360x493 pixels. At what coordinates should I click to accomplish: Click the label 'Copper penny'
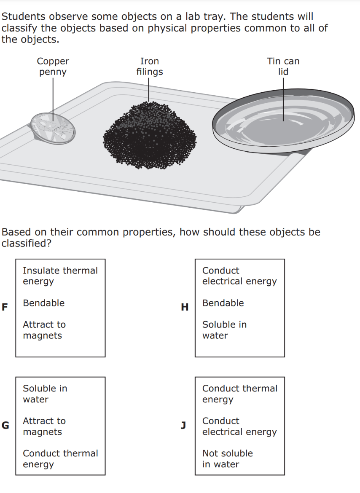pyautogui.click(x=53, y=67)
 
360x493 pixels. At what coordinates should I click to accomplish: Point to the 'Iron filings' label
pyautogui.click(x=149, y=67)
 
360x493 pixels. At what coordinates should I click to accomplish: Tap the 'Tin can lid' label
pyautogui.click(x=283, y=67)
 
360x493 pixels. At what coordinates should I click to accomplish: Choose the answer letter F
pyautogui.click(x=5, y=307)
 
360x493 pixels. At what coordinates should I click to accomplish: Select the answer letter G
pyautogui.click(x=5, y=425)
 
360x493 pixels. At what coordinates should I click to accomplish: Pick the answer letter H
pyautogui.click(x=185, y=307)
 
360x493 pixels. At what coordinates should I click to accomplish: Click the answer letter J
pyautogui.click(x=183, y=425)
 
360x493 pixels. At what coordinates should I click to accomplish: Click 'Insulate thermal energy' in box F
pyautogui.click(x=60, y=276)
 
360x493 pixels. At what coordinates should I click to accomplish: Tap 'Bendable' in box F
pyautogui.click(x=43, y=303)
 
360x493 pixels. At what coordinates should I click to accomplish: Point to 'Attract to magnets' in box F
pyautogui.click(x=44, y=330)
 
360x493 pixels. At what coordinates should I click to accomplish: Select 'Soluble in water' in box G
pyautogui.click(x=45, y=394)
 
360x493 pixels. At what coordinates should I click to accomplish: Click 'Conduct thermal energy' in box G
pyautogui.click(x=60, y=459)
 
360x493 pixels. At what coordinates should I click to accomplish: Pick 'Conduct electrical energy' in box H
pyautogui.click(x=239, y=276)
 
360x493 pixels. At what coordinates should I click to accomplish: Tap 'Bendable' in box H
pyautogui.click(x=223, y=303)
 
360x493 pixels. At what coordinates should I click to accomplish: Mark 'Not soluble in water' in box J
pyautogui.click(x=227, y=459)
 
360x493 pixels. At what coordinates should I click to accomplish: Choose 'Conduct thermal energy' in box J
pyautogui.click(x=239, y=394)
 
